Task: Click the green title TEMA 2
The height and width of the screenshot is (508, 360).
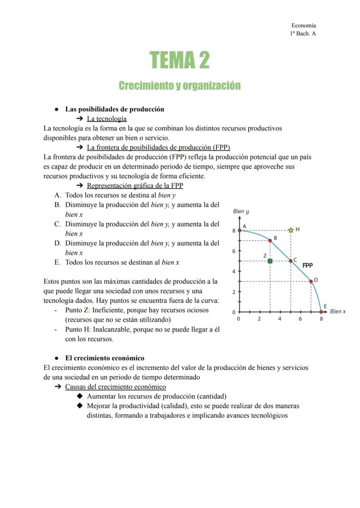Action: click(180, 60)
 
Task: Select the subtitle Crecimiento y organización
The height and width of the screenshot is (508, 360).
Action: click(180, 85)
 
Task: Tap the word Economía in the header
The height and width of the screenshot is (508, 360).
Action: click(303, 26)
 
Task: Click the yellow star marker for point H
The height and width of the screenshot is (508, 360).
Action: click(291, 230)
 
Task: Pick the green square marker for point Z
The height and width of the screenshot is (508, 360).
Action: click(270, 261)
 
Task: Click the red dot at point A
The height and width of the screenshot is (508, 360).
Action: click(239, 230)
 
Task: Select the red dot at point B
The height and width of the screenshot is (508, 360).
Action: click(270, 240)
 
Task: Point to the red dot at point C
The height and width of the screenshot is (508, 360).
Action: click(291, 261)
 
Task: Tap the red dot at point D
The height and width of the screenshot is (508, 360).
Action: click(311, 281)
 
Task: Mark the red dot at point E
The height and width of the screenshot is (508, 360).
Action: click(321, 312)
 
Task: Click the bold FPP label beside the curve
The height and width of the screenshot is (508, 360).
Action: click(307, 265)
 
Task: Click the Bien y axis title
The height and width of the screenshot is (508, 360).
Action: click(241, 212)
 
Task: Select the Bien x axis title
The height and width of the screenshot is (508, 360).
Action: click(338, 311)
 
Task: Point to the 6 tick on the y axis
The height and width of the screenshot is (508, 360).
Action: click(233, 251)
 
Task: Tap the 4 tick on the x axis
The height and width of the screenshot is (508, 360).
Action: click(280, 319)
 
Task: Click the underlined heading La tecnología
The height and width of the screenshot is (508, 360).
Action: click(107, 119)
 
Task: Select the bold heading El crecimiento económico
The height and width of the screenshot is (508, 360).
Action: click(104, 358)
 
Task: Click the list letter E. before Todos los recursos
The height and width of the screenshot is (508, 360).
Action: click(57, 262)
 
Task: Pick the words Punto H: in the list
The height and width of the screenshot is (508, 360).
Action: click(78, 329)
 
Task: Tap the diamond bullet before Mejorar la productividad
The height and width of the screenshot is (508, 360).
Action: click(79, 405)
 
